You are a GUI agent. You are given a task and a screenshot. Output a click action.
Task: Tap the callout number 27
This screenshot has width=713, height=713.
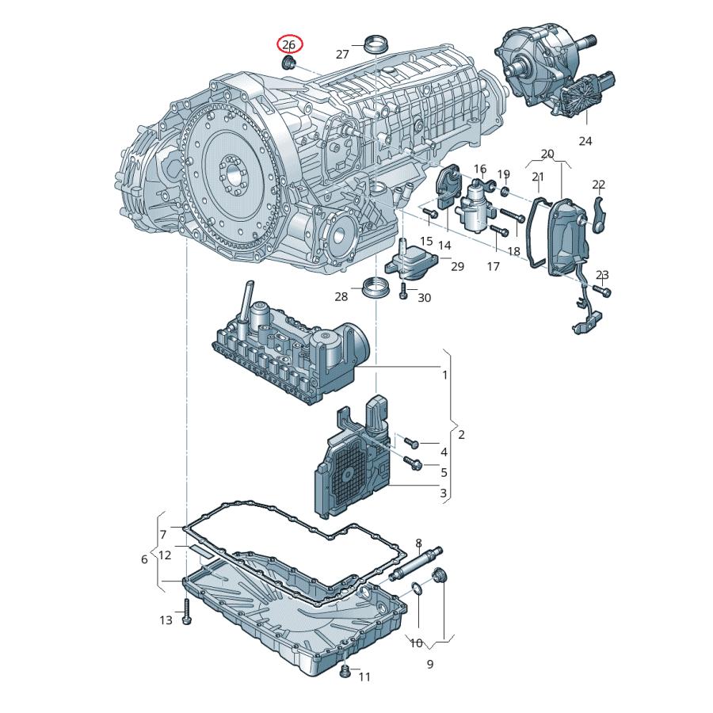coord(342,55)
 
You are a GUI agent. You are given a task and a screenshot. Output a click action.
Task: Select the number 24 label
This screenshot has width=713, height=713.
coord(585,142)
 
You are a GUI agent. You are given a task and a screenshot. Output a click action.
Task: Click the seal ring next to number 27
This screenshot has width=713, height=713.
coord(375,43)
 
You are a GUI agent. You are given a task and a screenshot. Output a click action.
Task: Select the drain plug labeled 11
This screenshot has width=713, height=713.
coord(345,673)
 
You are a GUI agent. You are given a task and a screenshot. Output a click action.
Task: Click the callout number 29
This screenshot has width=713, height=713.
coord(457,267)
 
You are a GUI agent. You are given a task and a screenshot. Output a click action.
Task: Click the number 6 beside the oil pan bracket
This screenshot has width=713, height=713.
coord(144,559)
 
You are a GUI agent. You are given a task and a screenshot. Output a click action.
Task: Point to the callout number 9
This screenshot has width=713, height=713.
coord(430,664)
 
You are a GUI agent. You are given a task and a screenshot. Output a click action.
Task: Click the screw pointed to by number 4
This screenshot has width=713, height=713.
coord(410,441)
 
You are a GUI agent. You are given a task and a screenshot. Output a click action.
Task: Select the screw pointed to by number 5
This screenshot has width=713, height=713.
coord(413,461)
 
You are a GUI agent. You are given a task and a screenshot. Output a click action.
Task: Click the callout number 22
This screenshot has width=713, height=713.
coord(599,185)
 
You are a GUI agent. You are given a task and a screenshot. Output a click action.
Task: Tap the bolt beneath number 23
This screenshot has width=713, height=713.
coord(605,292)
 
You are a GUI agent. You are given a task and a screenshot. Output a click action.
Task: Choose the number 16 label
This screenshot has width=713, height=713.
coord(480,169)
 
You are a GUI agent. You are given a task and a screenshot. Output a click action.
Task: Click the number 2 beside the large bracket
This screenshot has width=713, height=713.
coord(461,434)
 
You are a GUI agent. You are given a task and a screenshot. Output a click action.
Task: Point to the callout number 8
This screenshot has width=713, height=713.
coord(419,543)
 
